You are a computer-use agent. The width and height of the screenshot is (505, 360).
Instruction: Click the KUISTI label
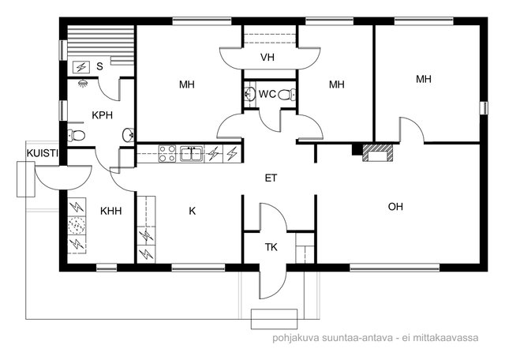coord(42,153)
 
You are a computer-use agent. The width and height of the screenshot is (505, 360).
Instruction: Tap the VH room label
coord(267,58)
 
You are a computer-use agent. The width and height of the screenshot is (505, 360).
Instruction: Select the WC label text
coord(267,94)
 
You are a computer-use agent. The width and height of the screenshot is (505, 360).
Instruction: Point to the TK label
coord(271,247)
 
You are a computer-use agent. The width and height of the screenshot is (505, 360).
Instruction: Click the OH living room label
coord(395,207)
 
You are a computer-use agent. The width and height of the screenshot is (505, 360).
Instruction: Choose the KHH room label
coord(111,211)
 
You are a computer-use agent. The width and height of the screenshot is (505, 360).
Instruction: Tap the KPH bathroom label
coord(102,115)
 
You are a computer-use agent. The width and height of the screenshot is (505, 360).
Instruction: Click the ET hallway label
coord(271,178)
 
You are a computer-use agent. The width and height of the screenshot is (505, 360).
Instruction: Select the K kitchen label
coord(193,211)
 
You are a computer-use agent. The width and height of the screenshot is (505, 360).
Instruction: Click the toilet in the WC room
coord(286,95)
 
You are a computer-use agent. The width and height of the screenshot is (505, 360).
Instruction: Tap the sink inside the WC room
coord(249,94)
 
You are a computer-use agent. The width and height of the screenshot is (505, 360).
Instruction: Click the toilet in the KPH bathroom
coord(77,135)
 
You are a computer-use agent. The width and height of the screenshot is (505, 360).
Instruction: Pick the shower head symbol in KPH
coord(84,83)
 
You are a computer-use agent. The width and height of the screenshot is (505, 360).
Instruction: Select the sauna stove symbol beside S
coord(80,67)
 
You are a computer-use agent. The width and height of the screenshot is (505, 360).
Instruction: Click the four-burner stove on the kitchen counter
coord(167,153)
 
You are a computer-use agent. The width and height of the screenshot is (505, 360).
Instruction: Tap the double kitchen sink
coord(191,153)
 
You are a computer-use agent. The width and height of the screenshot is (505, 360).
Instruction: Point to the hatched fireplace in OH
coord(378,153)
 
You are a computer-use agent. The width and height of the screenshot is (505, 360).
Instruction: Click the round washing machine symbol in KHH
coord(77,225)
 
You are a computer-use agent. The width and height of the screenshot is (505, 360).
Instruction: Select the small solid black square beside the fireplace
coord(357,149)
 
